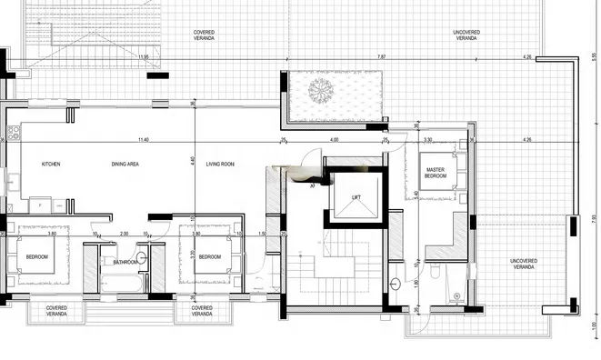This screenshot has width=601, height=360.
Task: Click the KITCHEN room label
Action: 51,164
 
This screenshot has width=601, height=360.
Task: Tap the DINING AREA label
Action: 125,164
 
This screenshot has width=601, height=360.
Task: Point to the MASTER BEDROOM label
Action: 436,172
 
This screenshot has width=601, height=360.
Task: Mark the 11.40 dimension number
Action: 143,140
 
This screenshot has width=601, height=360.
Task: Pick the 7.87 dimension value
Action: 382,57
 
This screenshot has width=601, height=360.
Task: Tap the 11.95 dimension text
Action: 143,57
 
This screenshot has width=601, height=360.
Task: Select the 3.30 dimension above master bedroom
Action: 428,140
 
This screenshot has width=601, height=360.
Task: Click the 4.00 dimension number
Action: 334,140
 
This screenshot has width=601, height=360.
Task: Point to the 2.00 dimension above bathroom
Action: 124,234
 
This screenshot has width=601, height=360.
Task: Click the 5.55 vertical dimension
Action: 594,55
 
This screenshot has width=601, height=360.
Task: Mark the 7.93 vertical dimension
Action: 594,218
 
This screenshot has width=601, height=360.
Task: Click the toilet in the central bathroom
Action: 141,258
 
